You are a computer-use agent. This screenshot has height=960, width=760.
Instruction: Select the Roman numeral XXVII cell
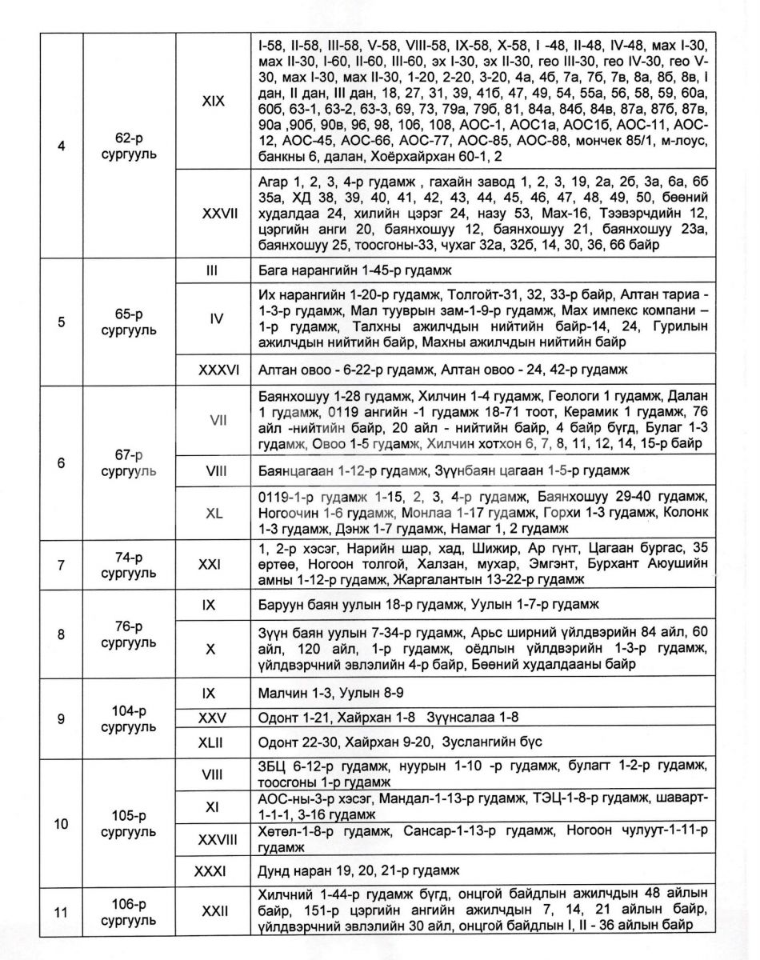[x=214, y=214]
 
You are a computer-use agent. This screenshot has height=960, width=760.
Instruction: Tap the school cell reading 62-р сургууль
[x=129, y=146]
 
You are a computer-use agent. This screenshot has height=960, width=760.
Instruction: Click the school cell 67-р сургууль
[x=129, y=462]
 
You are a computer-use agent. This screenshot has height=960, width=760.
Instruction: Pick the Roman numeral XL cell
[x=214, y=514]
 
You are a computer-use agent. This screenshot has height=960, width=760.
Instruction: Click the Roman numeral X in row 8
[x=210, y=650]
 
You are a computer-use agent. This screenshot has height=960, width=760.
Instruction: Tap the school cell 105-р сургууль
[x=129, y=823]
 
